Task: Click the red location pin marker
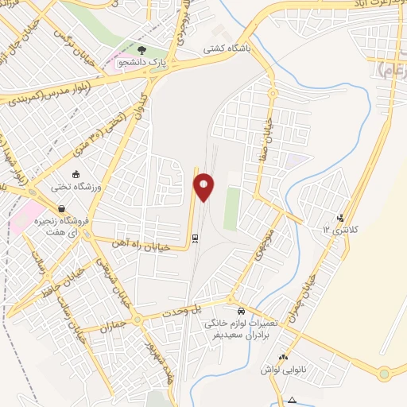click(204, 188)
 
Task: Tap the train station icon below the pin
click(196, 237)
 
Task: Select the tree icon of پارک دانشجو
click(151, 49)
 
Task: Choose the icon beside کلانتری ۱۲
click(341, 218)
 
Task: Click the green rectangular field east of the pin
click(231, 209)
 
